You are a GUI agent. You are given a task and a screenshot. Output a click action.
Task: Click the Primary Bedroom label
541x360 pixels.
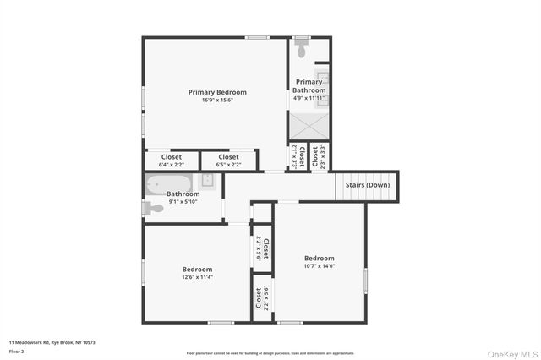217,92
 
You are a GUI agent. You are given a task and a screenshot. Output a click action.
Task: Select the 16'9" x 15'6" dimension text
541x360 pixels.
217,101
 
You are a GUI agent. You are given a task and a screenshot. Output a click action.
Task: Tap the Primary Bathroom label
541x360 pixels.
309,85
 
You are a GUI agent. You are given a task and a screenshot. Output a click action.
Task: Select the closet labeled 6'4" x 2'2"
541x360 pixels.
172,160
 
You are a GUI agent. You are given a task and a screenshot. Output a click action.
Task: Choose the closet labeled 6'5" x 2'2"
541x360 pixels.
228,160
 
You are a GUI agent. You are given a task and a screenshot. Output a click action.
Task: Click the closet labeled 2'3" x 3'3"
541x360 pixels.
315,156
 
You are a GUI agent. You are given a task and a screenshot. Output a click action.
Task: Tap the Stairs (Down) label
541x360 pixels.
367,184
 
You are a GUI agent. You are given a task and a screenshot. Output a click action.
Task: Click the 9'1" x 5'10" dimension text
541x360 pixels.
183,201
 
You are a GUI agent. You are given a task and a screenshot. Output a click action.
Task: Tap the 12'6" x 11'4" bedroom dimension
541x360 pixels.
197,277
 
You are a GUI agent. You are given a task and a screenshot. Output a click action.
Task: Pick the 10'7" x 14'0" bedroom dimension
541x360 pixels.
320,266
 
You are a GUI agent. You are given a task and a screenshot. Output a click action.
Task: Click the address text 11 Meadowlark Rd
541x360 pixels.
52,342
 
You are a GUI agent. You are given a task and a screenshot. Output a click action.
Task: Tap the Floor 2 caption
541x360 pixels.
17,350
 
